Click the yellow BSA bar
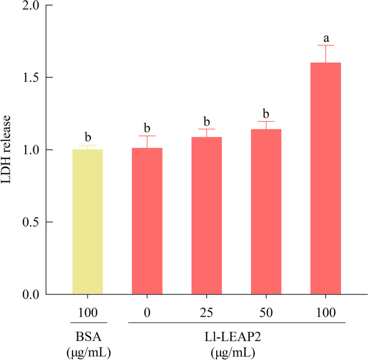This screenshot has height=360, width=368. [88, 222]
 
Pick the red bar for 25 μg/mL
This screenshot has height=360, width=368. [206, 216]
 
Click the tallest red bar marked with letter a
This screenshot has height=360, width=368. [325, 178]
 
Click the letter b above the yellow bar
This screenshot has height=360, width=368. [88, 136]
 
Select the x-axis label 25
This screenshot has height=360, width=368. [206, 312]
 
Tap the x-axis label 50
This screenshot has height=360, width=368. [266, 312]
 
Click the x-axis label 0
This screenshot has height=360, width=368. [147, 312]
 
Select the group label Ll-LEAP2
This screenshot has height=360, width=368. [236, 337]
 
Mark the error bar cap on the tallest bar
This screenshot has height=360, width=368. [325, 45]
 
